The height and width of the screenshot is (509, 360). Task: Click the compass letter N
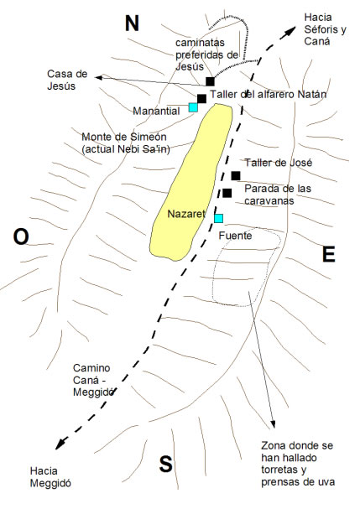pyautogui.click(x=132, y=23)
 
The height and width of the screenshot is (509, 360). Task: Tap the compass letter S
pyautogui.click(x=165, y=464)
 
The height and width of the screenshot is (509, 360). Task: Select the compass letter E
pyautogui.click(x=328, y=254)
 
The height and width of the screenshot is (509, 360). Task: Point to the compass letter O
pyautogui.click(x=21, y=236)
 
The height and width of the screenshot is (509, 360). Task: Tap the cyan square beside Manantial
pyautogui.click(x=193, y=107)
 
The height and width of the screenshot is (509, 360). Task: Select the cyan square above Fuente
pyautogui.click(x=219, y=219)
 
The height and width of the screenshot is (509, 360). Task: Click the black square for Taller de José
pyautogui.click(x=236, y=176)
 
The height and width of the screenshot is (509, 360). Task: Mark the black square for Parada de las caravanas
pyautogui.click(x=227, y=193)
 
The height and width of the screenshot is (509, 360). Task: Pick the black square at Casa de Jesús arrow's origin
pyautogui.click(x=211, y=81)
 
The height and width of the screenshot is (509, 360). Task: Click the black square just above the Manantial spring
pyautogui.click(x=201, y=99)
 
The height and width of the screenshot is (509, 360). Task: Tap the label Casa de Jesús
pyautogui.click(x=67, y=80)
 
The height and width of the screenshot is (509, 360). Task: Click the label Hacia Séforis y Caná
pyautogui.click(x=326, y=29)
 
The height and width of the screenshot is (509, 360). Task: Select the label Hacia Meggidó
pyautogui.click(x=50, y=477)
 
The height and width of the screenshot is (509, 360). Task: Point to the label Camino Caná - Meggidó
pyautogui.click(x=94, y=380)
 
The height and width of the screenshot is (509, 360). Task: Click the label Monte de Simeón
pyautogui.click(x=124, y=137)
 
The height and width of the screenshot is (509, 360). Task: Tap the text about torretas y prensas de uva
pyautogui.click(x=298, y=464)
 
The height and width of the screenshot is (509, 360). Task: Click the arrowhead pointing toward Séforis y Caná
pyautogui.click(x=290, y=32)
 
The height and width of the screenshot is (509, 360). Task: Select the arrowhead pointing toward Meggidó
pyautogui.click(x=60, y=444)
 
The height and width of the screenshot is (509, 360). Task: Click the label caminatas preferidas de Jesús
pyautogui.click(x=207, y=55)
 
